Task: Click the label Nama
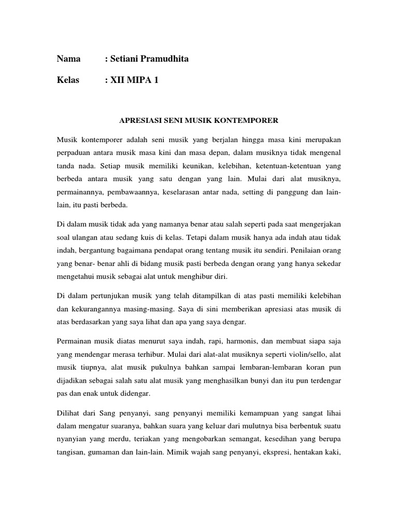tap(68, 59)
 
